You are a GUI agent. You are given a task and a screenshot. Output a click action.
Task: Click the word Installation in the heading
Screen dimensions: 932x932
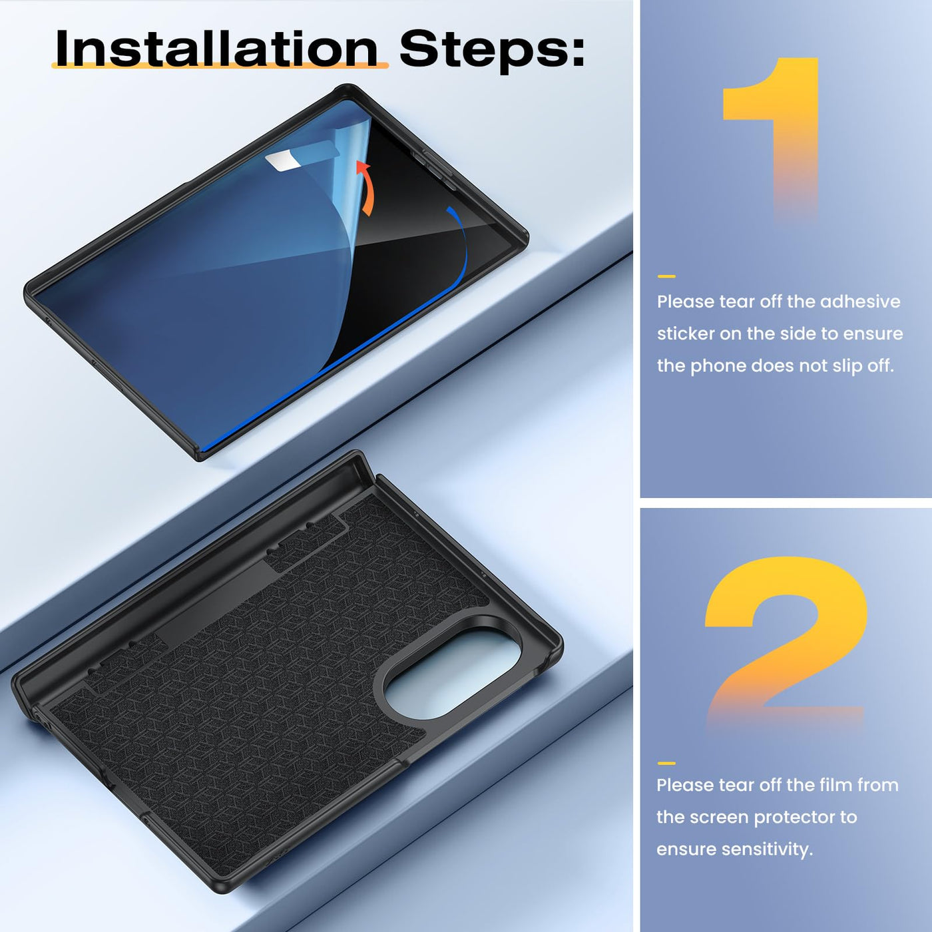[217, 49]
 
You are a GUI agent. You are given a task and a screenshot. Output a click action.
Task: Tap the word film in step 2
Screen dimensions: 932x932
[835, 785]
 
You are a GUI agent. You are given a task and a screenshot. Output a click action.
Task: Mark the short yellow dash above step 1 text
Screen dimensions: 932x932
[666, 276]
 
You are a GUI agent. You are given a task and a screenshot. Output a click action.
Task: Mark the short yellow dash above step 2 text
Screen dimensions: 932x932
[666, 763]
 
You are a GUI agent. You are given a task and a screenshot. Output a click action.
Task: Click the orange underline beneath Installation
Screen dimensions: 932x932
[220, 65]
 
